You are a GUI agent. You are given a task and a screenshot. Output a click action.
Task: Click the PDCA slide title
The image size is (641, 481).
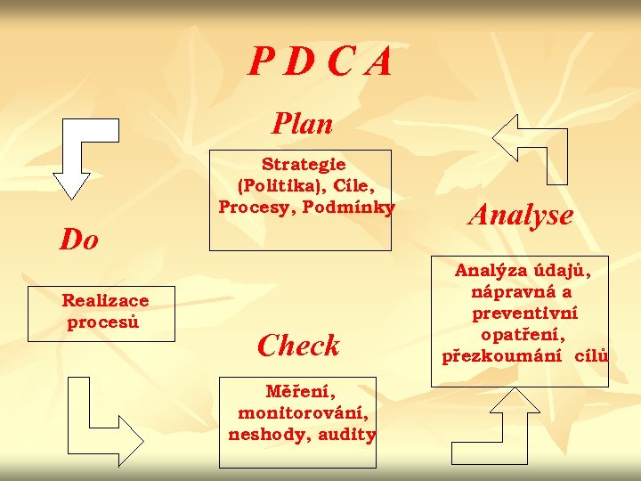coord(320,62)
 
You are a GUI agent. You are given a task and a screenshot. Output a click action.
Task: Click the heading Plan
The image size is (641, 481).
coord(303,123)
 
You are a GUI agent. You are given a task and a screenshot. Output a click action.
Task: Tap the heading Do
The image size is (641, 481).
coord(79,239)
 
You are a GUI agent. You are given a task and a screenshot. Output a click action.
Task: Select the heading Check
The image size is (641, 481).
coord(298,345)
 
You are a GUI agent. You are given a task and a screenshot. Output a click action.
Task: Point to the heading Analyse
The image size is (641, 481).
coord(521,214)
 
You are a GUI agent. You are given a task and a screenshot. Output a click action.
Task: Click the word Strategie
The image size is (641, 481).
coord(304,164)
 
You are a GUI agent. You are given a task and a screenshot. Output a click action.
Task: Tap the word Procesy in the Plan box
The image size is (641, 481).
coord(252,208)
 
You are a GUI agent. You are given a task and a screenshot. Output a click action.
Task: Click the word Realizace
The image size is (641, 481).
coord(105,301)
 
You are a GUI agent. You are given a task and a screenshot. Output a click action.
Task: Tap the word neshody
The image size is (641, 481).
coord(264,435)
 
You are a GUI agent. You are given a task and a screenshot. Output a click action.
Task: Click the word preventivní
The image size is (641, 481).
coord(525,313)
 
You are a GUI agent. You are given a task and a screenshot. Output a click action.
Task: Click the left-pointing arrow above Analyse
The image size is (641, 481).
coord(530,143)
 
